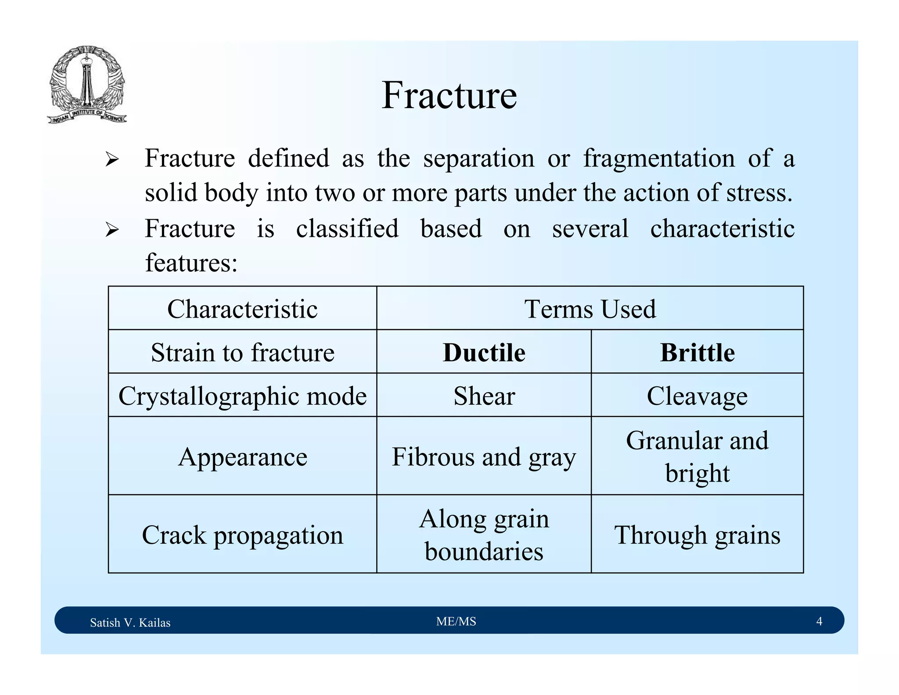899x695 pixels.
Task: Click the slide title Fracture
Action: pyautogui.click(x=449, y=95)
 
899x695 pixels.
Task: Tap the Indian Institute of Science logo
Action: pyautogui.click(x=87, y=85)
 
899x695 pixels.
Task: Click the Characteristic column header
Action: pyautogui.click(x=242, y=308)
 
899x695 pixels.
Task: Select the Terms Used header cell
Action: pyautogui.click(x=590, y=308)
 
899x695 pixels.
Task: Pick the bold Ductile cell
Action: pyautogui.click(x=484, y=352)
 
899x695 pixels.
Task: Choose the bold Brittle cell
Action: pyautogui.click(x=697, y=352)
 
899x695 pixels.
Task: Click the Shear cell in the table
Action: pyautogui.click(x=484, y=395)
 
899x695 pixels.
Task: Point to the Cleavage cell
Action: pyautogui.click(x=697, y=395)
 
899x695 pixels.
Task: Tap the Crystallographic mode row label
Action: pyautogui.click(x=242, y=395)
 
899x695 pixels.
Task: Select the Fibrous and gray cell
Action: pyautogui.click(x=484, y=456)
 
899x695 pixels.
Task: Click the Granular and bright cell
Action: pyautogui.click(x=697, y=456)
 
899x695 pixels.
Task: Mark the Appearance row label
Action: pyautogui.click(x=242, y=456)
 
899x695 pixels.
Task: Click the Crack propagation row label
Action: pyautogui.click(x=242, y=535)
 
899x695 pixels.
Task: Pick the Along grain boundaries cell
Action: pyautogui.click(x=484, y=535)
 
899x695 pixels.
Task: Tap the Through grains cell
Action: pyautogui.click(x=697, y=535)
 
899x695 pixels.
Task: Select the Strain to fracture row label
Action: pyautogui.click(x=242, y=352)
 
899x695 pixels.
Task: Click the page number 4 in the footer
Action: pyautogui.click(x=819, y=621)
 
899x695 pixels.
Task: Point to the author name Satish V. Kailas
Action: pyautogui.click(x=130, y=623)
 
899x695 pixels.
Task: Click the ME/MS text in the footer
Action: pyautogui.click(x=456, y=621)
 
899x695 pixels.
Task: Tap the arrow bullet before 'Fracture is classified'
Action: pyautogui.click(x=112, y=230)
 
